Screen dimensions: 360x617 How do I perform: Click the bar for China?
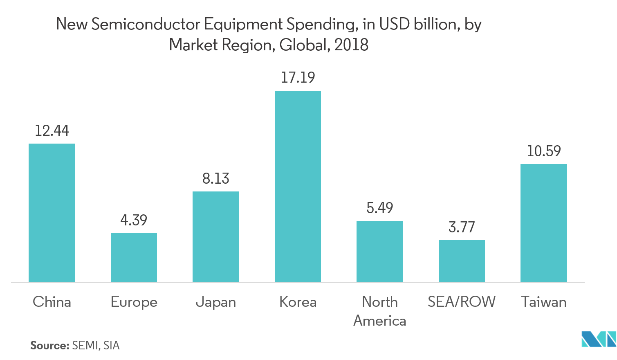[52, 213]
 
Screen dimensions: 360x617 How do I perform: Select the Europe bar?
[134, 258]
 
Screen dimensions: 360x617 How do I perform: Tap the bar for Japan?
[216, 236]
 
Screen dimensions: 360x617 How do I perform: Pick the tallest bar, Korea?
[298, 186]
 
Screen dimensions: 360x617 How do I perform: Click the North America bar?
[379, 251]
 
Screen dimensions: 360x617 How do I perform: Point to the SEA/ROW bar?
[462, 261]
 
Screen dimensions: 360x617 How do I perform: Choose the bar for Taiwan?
[543, 223]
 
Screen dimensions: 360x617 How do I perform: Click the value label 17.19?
[298, 77]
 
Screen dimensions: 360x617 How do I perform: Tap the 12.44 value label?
[52, 130]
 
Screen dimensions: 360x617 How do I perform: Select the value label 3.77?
[462, 227]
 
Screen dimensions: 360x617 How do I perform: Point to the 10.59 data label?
[543, 151]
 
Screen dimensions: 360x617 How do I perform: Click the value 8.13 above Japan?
[216, 178]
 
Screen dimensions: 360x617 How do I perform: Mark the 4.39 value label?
[134, 220]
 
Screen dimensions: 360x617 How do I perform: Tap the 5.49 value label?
[379, 208]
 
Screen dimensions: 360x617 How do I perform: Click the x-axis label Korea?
[298, 302]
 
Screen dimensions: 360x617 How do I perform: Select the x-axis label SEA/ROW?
[462, 302]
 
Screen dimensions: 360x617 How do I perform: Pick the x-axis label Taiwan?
[543, 302]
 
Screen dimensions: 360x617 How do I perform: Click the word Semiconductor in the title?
[146, 25]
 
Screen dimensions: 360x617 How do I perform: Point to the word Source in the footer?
[49, 345]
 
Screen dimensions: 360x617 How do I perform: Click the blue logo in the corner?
[599, 339]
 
